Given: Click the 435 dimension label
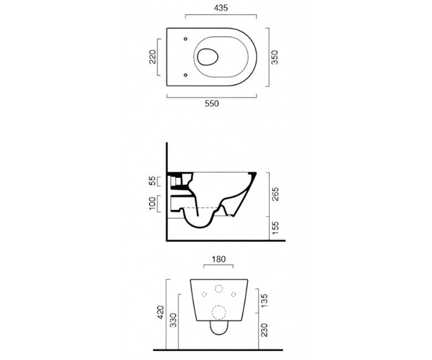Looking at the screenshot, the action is coord(221,8).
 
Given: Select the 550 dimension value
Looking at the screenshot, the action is coord(212,104).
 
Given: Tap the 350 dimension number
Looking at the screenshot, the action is coord(275,57).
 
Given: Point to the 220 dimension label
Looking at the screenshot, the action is coord(153,56).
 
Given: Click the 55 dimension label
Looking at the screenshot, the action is coord(152,181).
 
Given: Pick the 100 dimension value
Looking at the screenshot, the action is coord(152,203).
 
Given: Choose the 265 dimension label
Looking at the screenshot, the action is coord(275,194).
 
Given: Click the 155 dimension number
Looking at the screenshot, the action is coord(275,228).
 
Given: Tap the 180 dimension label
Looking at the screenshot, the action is coord(218,259).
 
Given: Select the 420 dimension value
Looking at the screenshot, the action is coord(161,312).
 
